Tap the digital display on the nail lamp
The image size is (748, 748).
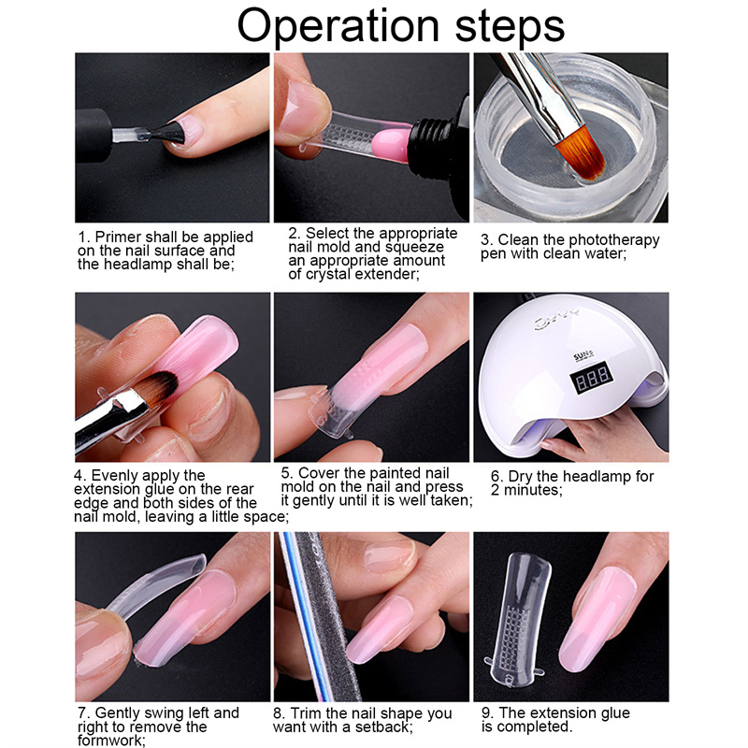pos(591,378)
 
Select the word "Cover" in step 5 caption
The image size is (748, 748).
pos(319,473)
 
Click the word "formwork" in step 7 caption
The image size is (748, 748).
pos(109,741)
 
